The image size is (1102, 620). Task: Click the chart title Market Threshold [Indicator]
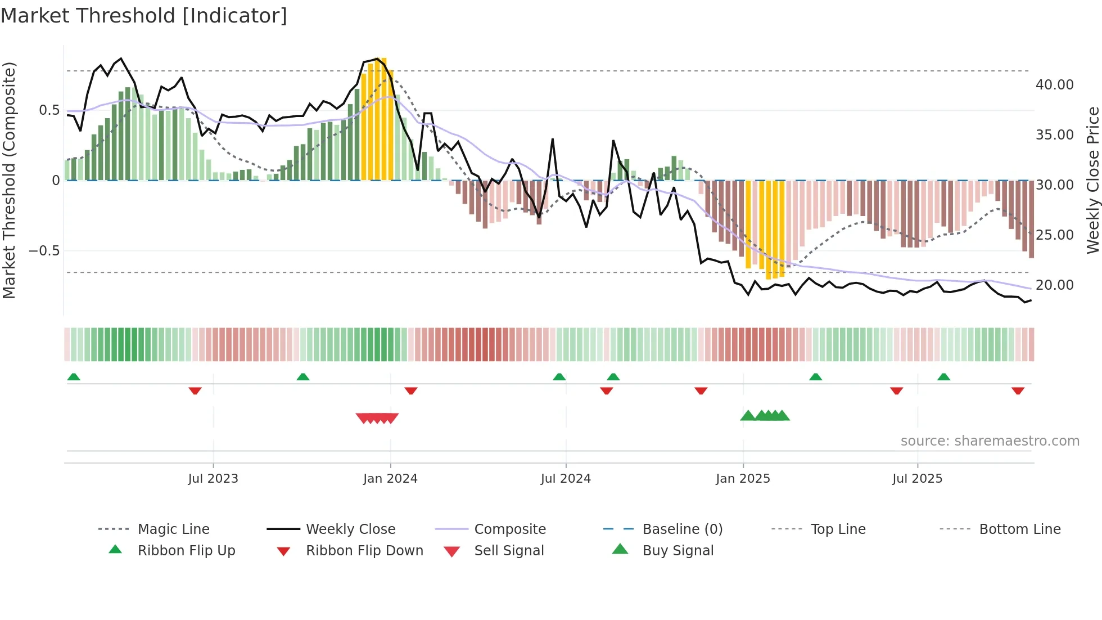(144, 16)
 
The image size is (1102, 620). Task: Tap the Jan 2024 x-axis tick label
(390, 479)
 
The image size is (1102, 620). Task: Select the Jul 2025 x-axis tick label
(917, 479)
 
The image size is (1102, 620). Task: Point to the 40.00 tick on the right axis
(1054, 85)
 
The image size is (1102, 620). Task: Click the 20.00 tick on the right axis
(1054, 285)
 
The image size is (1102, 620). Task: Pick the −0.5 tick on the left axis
(44, 251)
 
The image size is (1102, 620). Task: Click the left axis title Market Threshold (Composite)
(10, 180)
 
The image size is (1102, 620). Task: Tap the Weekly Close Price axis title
(1092, 180)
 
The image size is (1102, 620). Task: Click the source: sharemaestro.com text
(990, 441)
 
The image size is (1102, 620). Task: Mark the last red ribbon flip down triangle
(1018, 390)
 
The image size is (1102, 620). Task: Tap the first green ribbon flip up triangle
(74, 377)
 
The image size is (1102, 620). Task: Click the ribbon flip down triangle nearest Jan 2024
(411, 390)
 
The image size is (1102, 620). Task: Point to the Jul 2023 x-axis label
(213, 479)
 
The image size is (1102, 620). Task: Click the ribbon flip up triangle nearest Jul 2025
(943, 377)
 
